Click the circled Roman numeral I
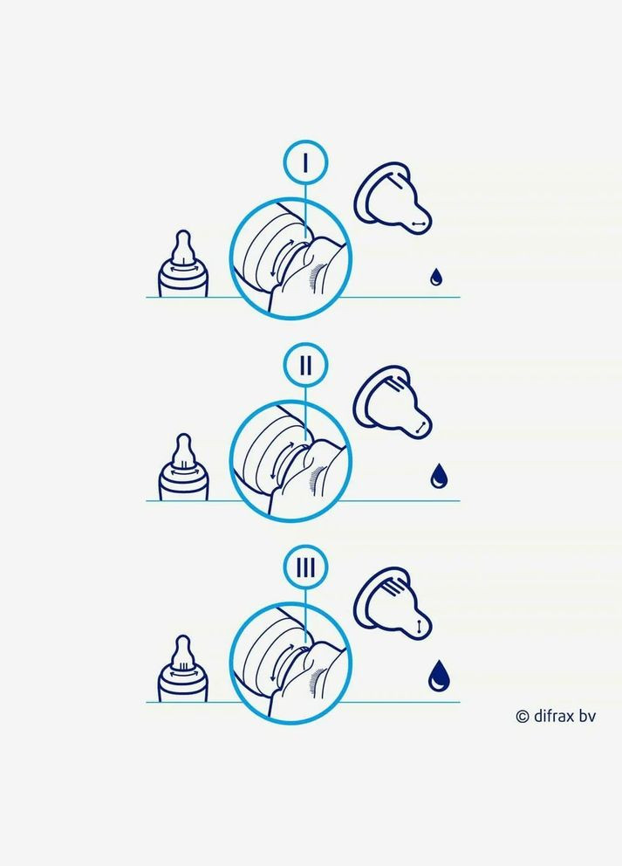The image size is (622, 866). (x=305, y=162)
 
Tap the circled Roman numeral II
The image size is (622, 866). (x=305, y=365)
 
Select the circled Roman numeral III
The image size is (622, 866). (x=305, y=567)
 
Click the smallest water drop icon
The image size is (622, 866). (x=436, y=277)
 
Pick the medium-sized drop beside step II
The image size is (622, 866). (x=440, y=476)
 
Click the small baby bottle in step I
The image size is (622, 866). (x=182, y=264)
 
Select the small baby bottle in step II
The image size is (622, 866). (x=182, y=467)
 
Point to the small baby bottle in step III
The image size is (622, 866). (x=182, y=669)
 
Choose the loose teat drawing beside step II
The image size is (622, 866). (x=391, y=402)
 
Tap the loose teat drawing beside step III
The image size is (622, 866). (x=391, y=603)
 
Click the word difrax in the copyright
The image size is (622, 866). (x=555, y=716)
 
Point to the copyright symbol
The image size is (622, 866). (x=522, y=717)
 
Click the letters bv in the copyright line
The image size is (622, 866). (x=588, y=716)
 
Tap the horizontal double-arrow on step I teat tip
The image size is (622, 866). (x=420, y=223)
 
